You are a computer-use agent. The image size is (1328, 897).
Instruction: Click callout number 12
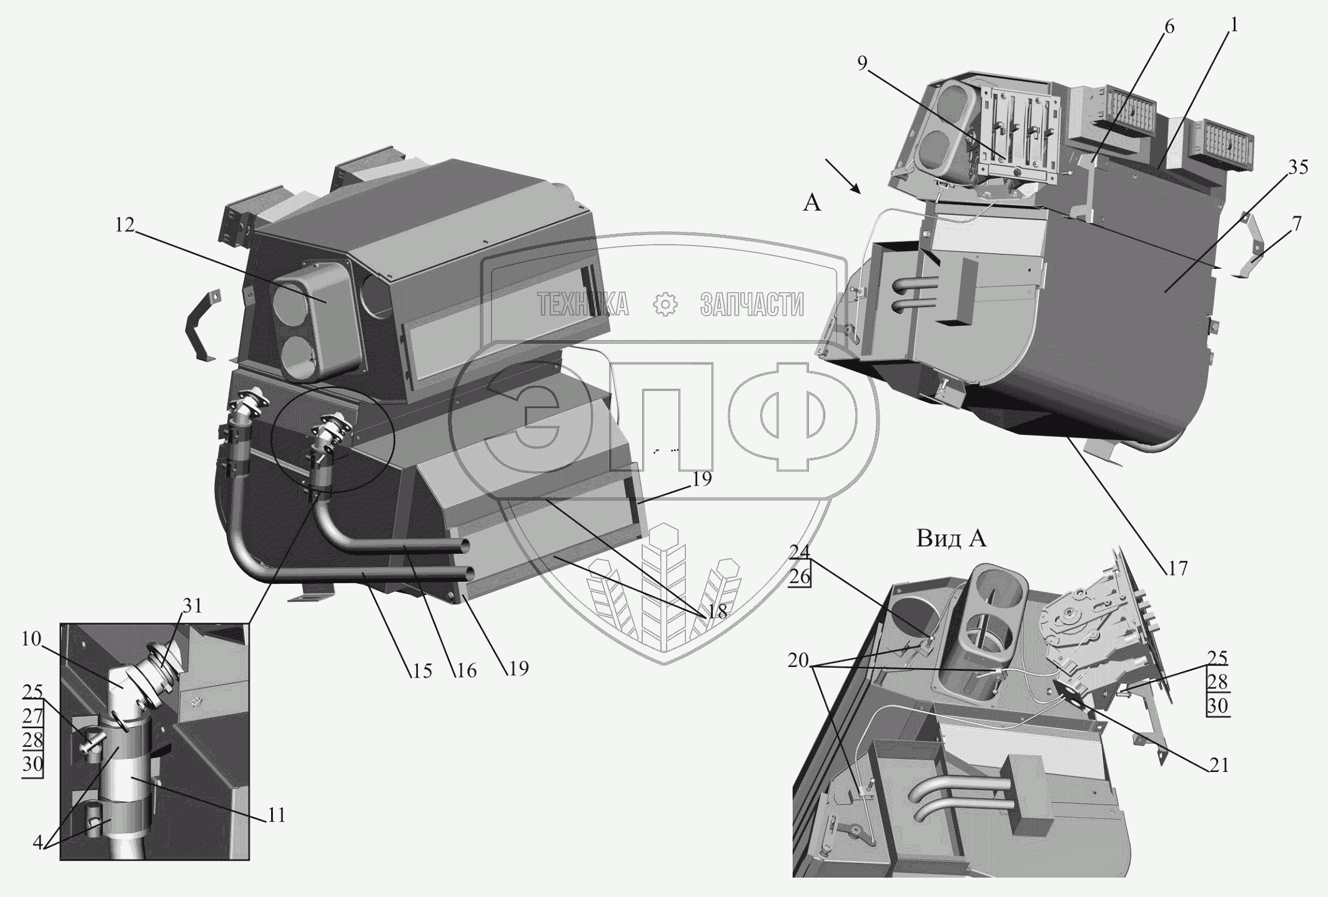coord(125,225)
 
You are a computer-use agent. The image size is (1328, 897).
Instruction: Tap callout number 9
coord(862,64)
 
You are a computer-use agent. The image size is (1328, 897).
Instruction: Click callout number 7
coord(1297,223)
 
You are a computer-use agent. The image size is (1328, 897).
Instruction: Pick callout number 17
coord(1176,568)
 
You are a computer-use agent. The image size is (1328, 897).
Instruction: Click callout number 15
coord(422,671)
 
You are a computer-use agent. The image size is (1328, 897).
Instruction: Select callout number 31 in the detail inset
coord(193,606)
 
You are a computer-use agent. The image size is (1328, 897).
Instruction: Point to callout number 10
coord(31,639)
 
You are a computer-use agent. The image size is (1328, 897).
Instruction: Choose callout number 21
coord(1218,765)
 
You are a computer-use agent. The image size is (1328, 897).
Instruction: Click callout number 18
coord(718,612)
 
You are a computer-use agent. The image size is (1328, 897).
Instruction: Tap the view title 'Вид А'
coord(951,538)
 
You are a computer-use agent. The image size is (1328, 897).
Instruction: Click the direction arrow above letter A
coord(842,176)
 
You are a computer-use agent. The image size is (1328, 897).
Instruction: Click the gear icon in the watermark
coord(665,304)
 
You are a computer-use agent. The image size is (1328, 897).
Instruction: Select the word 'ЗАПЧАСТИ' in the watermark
coord(752,304)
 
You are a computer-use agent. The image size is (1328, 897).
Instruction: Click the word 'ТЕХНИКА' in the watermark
coord(583,304)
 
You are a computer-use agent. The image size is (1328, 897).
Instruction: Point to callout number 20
coord(798,661)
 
